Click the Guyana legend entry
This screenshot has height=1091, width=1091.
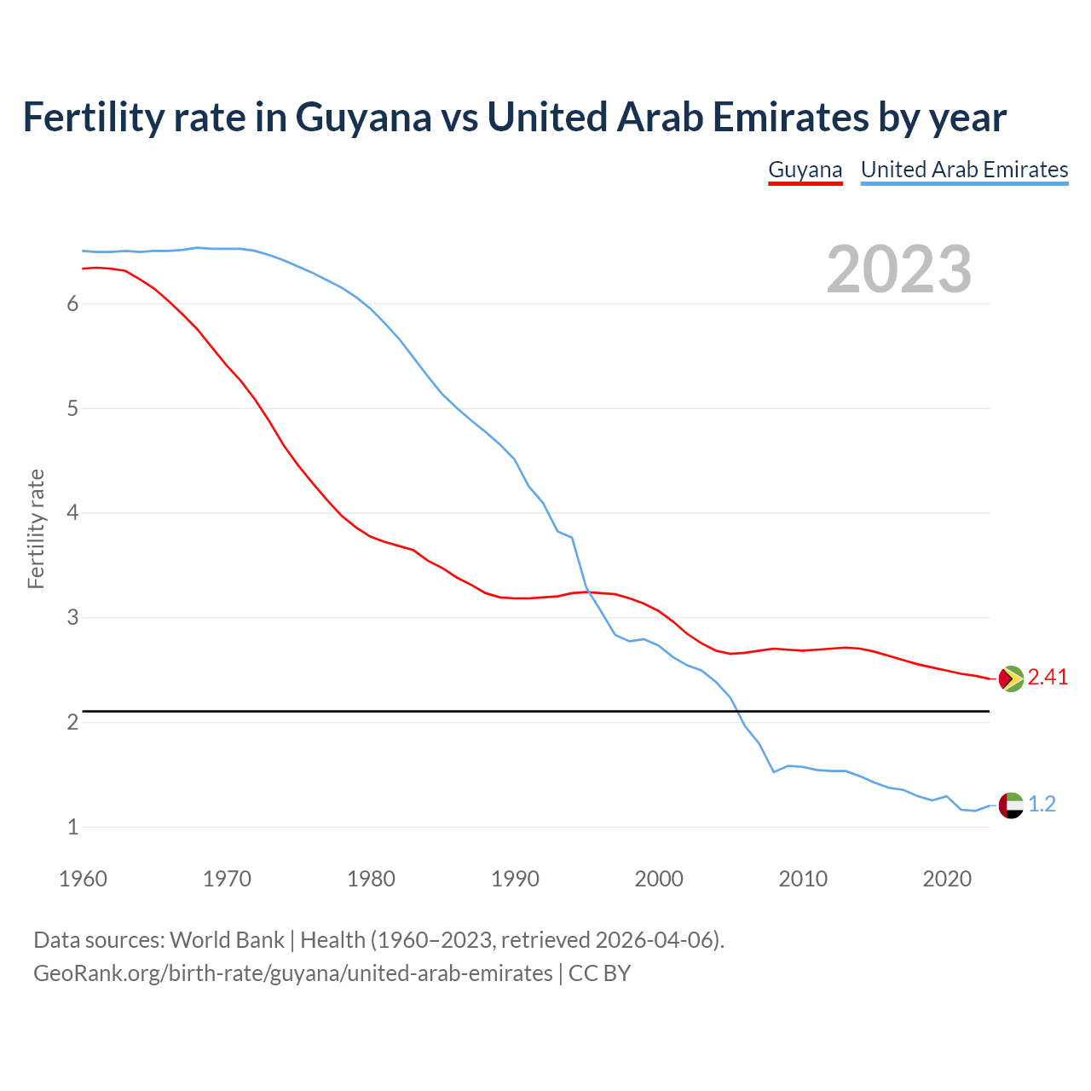pos(805,170)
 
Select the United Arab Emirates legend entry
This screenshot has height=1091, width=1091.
pos(964,170)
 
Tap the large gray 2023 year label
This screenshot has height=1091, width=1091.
pos(898,269)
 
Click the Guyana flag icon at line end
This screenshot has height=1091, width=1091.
pos(1010,678)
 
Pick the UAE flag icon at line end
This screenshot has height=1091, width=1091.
pos(1010,805)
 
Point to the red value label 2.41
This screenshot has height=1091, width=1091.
pos(1048,678)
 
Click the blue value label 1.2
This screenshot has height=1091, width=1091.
pos(1042,804)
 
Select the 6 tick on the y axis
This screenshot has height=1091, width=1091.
pos(72,304)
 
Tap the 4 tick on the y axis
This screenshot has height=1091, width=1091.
pos(72,513)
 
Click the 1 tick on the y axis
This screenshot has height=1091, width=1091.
pos(72,827)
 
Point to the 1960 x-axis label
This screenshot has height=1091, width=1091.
pos(83,879)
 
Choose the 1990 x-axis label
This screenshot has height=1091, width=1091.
pos(515,879)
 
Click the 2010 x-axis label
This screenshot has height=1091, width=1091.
pos(803,879)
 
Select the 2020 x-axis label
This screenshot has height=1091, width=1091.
pos(947,879)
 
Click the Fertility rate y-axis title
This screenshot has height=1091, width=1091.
pos(36,528)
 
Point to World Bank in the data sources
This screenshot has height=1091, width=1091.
pos(227,940)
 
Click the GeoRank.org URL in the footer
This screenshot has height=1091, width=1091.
pos(292,973)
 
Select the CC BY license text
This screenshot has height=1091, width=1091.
pos(599,973)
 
